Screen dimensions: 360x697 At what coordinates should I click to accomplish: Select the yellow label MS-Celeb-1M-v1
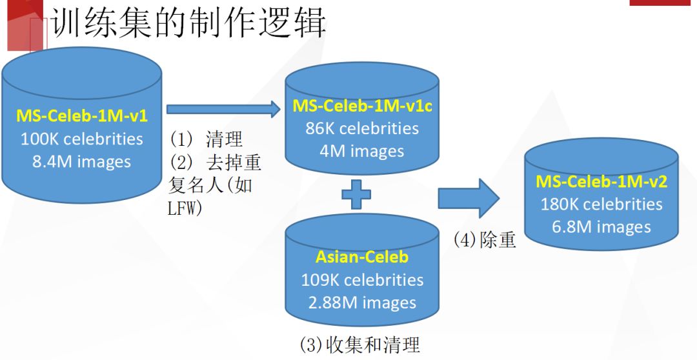tap(82, 117)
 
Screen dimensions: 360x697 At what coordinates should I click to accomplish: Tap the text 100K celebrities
tap(82, 139)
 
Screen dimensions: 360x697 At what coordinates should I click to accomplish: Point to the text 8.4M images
tap(82, 161)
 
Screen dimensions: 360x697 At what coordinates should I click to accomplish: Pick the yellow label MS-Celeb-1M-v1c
tap(362, 106)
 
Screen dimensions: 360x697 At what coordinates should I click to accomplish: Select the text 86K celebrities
tap(362, 128)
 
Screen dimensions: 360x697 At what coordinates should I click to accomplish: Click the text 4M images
tap(362, 151)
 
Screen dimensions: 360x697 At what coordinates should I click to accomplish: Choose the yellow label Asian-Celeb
tap(362, 257)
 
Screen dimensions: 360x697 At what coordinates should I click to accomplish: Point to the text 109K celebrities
tap(362, 280)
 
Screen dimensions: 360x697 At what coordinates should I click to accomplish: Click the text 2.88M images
tap(362, 303)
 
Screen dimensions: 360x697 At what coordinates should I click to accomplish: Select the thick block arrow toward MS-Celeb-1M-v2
tap(469, 197)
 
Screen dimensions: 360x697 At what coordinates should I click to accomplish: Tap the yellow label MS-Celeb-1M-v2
tap(601, 181)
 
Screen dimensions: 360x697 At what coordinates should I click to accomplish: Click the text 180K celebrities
tap(601, 205)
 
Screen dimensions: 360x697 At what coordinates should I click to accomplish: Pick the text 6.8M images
tap(601, 227)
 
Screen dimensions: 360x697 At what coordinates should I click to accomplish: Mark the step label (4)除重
tap(485, 240)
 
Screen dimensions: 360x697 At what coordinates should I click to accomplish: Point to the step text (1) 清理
tap(207, 139)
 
